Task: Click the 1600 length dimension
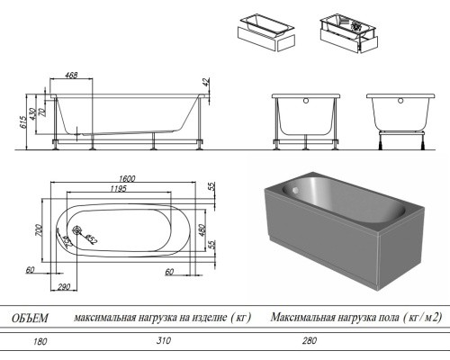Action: tap(127, 178)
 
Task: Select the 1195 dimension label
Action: tap(118, 188)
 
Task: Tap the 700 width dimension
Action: tap(39, 230)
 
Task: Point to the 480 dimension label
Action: tap(202, 230)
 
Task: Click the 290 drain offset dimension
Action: tap(64, 287)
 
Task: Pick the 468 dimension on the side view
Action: tap(71, 75)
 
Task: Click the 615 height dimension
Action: tap(23, 121)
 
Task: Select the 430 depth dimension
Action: tap(33, 112)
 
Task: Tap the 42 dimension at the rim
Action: tap(206, 82)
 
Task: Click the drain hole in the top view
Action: tap(76, 230)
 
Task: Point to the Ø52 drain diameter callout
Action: tap(91, 238)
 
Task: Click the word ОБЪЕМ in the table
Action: tap(30, 318)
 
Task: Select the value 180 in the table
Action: tap(40, 341)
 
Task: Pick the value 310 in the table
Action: tap(164, 340)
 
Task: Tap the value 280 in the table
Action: tap(310, 340)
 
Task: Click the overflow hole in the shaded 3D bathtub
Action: tap(295, 190)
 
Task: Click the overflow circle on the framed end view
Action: tap(306, 101)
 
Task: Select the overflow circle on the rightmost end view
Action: tap(400, 101)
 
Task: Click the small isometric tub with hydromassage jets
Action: tap(349, 33)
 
